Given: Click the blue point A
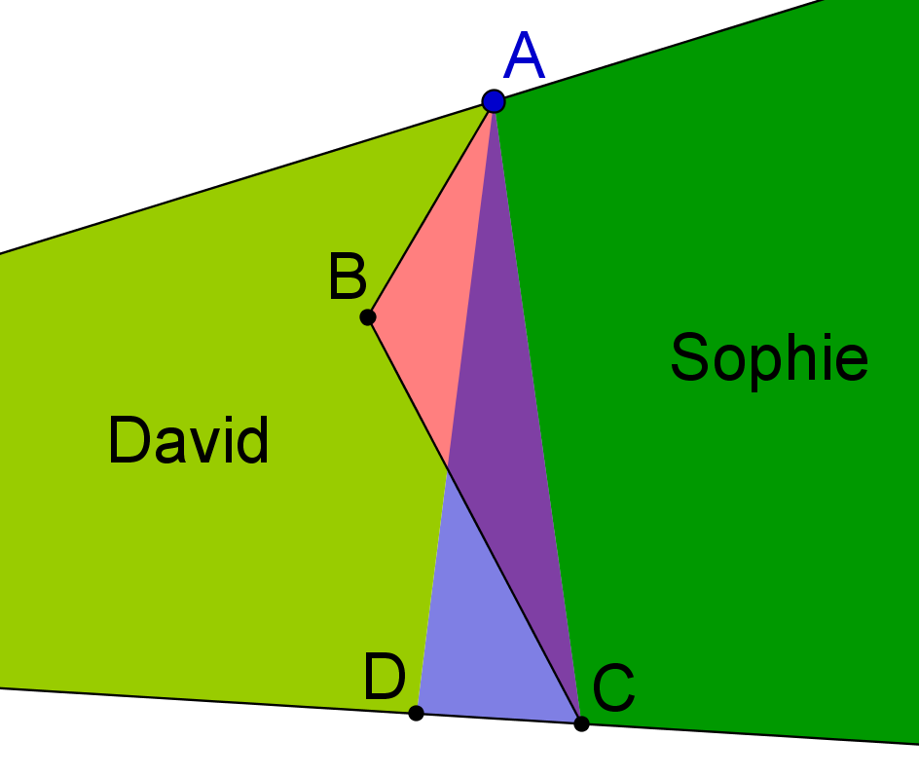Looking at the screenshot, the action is pos(494,101).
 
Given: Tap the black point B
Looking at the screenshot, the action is pos(367,317).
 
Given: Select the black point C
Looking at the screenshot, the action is pos(581,724).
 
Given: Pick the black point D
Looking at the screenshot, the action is pos(416,713).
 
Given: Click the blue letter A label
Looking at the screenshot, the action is pos(525,55).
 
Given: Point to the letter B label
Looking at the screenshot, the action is pos(348,277).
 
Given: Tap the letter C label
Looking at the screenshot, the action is pos(613,687).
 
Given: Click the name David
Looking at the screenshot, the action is pos(189,440).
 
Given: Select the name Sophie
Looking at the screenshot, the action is pos(769,357).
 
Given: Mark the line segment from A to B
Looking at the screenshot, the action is pos(430,209).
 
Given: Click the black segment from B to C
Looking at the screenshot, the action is pos(474,521).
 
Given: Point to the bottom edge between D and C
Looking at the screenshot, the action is pos(498,719).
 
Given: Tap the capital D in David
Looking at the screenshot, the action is pos(129,440).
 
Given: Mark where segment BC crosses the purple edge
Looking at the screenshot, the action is pos(448,467).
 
